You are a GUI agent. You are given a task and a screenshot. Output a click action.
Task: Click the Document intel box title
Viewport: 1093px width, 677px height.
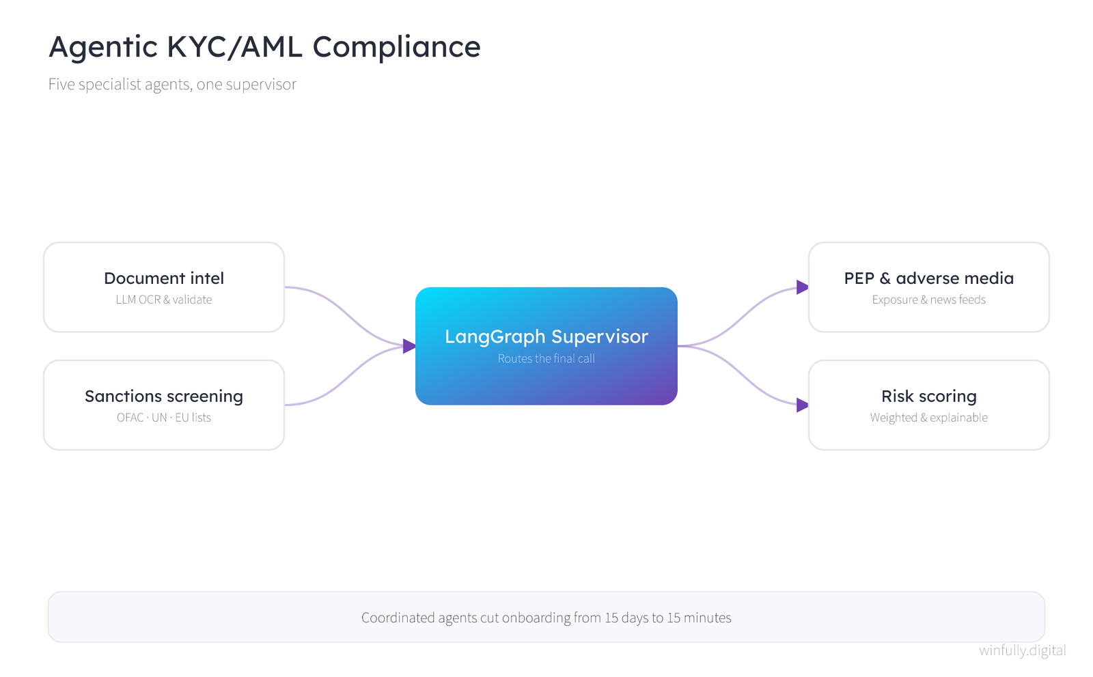pos(164,278)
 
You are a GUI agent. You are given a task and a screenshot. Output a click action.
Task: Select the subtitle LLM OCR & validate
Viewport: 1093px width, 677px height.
pos(164,300)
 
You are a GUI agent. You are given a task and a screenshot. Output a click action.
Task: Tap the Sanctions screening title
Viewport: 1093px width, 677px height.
pos(164,397)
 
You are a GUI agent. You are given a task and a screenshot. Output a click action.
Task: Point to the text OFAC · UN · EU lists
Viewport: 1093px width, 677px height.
pos(164,418)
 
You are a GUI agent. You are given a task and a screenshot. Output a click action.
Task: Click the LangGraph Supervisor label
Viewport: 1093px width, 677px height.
pos(546,337)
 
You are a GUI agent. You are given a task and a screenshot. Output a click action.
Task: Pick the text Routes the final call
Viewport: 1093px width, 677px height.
pos(546,359)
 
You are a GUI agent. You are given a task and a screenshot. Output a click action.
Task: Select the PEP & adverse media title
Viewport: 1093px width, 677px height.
pos(929,278)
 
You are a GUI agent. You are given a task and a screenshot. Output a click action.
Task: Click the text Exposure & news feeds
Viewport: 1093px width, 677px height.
pos(929,300)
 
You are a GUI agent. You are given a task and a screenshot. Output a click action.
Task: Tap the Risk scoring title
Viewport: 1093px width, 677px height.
pos(929,397)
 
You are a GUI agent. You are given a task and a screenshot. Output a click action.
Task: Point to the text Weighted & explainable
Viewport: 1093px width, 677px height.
pos(929,418)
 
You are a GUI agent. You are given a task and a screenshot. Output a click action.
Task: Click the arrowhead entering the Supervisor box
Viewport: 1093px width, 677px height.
pos(410,346)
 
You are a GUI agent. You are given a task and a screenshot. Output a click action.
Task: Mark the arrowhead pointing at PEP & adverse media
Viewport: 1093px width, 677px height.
pos(803,287)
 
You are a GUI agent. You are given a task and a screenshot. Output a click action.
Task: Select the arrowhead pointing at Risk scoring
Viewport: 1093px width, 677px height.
pos(803,405)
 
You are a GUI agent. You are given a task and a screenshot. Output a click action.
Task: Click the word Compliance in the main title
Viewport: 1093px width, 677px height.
pos(397,47)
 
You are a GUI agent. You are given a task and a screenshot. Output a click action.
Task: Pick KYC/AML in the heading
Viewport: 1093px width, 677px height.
pos(234,47)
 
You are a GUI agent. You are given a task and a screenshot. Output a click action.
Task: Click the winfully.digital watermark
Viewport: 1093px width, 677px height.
pos(1023,650)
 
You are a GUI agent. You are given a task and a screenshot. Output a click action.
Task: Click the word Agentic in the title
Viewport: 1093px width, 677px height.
pos(103,48)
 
